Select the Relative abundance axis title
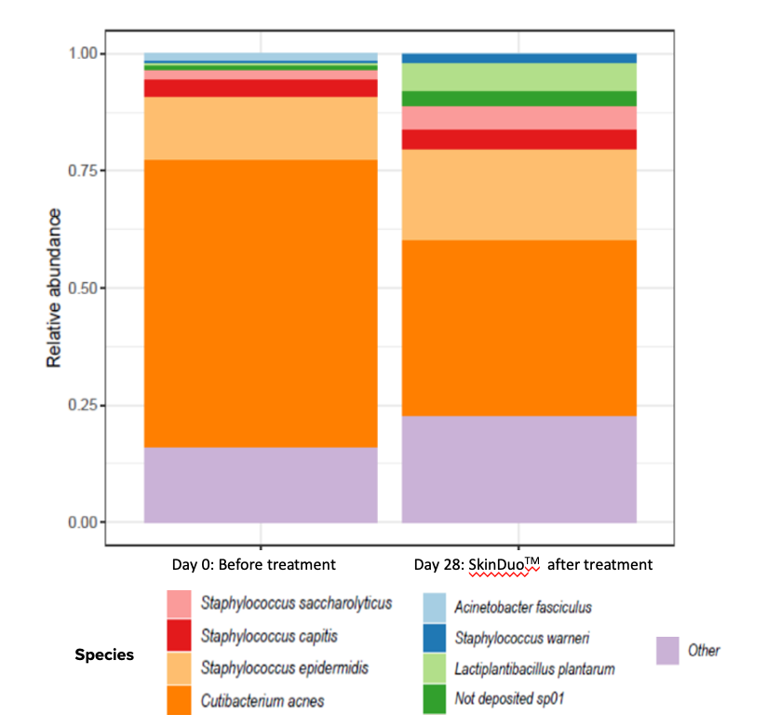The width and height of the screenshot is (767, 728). (x=56, y=288)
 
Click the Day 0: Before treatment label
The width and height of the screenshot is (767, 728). (x=253, y=564)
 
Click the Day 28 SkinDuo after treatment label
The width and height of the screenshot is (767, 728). (x=532, y=564)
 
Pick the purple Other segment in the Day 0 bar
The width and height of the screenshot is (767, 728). (x=261, y=484)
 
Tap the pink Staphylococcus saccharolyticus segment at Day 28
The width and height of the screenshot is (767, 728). (x=519, y=118)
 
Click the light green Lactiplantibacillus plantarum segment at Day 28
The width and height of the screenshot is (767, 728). (x=519, y=77)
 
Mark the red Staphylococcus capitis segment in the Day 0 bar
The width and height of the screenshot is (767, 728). (x=261, y=88)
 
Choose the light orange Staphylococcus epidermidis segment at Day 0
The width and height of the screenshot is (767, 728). (x=261, y=128)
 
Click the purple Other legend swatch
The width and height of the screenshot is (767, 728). (x=666, y=651)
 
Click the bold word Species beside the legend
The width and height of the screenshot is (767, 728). (x=104, y=654)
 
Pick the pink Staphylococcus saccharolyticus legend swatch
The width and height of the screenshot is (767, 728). (x=180, y=603)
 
